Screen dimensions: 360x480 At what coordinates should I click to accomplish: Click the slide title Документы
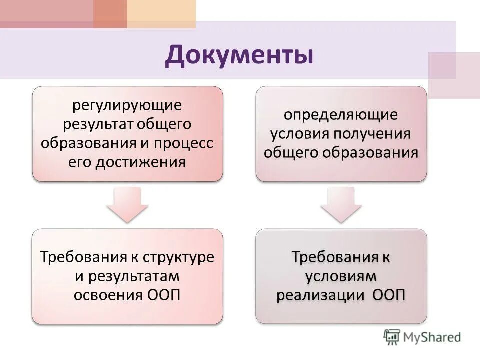coord(239,55)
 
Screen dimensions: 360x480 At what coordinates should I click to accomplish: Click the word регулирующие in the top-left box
coord(127,106)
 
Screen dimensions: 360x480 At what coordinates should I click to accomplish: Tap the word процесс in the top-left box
coord(185,143)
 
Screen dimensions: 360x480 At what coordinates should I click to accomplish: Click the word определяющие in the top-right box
coord(341,115)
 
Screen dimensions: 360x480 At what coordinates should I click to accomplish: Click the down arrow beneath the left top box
coord(127,205)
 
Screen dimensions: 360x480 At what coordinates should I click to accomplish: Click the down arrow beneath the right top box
coord(341,205)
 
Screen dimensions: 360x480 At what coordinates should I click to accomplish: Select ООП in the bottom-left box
coord(164,295)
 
